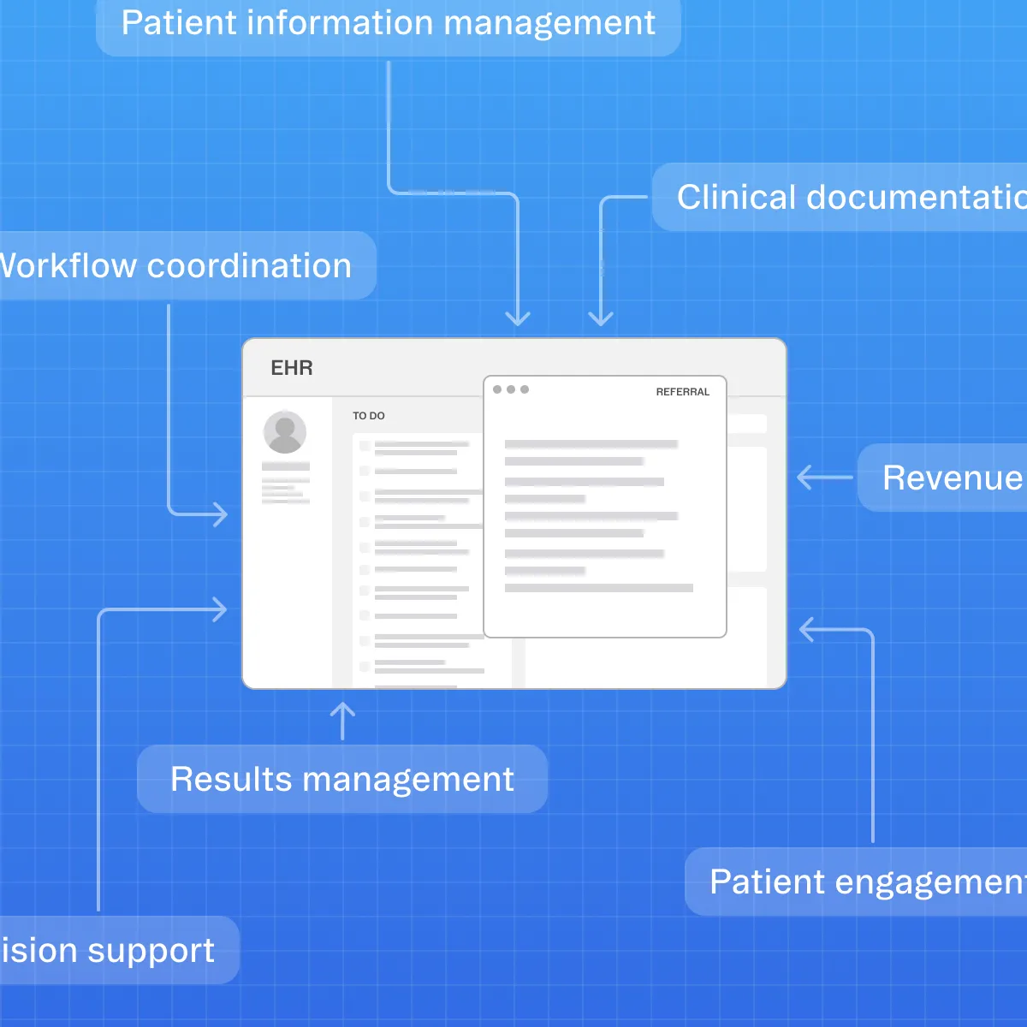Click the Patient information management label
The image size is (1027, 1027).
[x=389, y=24]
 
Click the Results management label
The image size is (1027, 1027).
[x=342, y=779]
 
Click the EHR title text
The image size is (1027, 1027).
[x=292, y=368]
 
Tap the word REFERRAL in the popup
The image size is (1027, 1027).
[x=682, y=392]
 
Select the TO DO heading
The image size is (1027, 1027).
[x=369, y=416]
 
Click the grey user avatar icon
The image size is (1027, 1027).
[x=285, y=431]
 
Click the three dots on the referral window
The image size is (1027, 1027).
[x=511, y=389]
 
